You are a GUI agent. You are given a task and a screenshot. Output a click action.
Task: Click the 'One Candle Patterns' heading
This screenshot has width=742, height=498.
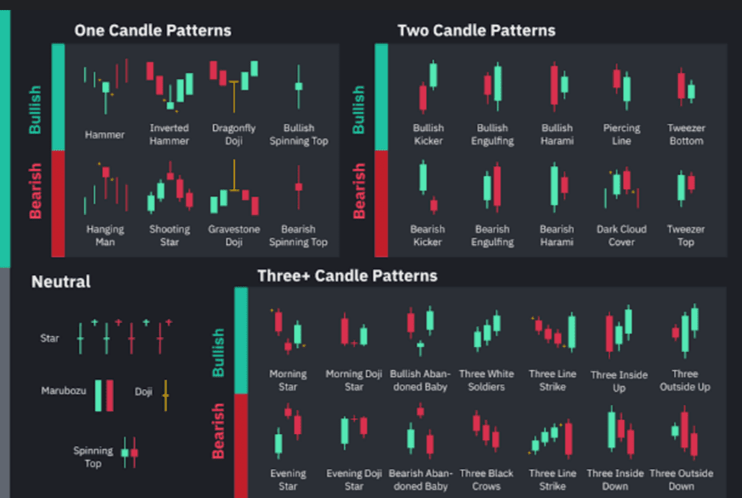[x=153, y=31]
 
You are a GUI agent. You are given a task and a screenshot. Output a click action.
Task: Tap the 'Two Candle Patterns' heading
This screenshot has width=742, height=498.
[x=476, y=31]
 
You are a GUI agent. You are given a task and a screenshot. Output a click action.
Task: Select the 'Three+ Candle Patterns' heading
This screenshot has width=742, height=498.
[x=347, y=276]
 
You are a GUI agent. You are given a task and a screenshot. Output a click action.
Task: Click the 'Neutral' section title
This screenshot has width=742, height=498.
[x=61, y=282]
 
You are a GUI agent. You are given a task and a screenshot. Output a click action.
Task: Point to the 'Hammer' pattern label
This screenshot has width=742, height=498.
[x=105, y=134]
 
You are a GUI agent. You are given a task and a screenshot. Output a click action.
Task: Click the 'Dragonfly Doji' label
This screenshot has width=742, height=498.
[x=233, y=134]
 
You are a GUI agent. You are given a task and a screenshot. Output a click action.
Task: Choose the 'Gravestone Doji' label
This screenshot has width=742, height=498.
[x=233, y=236]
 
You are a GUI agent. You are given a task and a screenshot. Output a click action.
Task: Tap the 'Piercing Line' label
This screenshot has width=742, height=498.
[x=622, y=134]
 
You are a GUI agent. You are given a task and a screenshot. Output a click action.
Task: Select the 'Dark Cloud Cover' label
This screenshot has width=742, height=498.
[x=622, y=236]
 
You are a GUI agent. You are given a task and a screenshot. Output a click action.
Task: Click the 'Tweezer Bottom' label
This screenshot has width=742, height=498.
[x=686, y=134]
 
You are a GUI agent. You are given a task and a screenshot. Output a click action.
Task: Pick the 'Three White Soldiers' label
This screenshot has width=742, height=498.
[x=486, y=380]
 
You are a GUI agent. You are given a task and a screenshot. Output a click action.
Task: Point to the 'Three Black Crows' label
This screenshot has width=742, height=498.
[x=486, y=480]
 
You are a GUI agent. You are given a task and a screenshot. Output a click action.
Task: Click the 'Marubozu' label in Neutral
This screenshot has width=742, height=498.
[x=64, y=391]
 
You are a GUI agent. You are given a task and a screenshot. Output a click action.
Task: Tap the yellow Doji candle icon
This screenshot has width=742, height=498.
[x=165, y=396]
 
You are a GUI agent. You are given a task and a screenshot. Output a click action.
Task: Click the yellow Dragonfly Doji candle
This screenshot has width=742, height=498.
[x=234, y=84]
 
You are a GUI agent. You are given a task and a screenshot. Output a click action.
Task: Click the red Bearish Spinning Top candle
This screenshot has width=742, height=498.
[x=298, y=187]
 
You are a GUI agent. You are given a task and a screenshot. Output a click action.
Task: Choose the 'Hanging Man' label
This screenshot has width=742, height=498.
[x=105, y=236]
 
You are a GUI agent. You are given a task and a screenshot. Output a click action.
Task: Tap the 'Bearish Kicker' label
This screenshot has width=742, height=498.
[x=428, y=236]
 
